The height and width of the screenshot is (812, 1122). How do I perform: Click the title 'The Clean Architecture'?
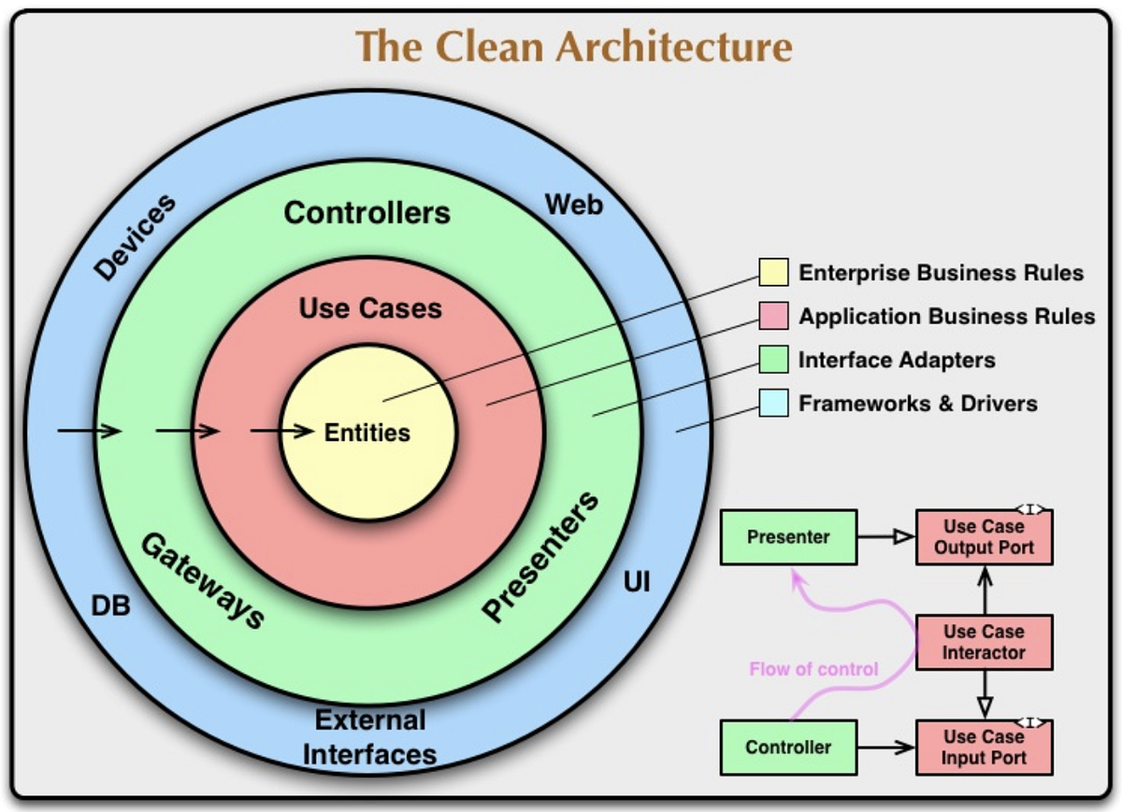click(574, 46)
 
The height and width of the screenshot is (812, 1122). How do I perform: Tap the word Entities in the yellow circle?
click(367, 433)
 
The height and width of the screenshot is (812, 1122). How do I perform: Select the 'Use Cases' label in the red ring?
click(370, 307)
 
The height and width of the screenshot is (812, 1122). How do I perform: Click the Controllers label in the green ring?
click(367, 212)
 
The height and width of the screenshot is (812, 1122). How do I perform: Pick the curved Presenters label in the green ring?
click(541, 556)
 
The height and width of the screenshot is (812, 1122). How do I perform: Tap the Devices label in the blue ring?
click(137, 238)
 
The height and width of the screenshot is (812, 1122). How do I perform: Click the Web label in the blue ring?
click(574, 204)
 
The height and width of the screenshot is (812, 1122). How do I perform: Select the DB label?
click(110, 606)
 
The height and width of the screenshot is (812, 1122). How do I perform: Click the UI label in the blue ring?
click(636, 585)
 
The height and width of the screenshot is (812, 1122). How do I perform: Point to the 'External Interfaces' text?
click(370, 737)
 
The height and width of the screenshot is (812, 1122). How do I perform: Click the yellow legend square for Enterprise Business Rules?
click(773, 273)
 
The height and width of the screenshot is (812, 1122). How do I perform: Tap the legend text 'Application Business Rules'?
click(946, 317)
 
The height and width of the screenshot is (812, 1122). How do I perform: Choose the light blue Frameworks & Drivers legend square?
click(773, 404)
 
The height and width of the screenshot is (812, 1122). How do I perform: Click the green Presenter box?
click(788, 537)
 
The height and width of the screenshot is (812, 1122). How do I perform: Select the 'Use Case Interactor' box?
click(984, 642)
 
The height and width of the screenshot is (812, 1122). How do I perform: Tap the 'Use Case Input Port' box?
click(984, 748)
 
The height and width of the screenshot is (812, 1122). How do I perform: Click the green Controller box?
click(788, 748)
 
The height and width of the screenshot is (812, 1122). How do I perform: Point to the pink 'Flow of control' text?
click(813, 669)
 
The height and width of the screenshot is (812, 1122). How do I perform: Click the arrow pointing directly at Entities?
click(281, 432)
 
